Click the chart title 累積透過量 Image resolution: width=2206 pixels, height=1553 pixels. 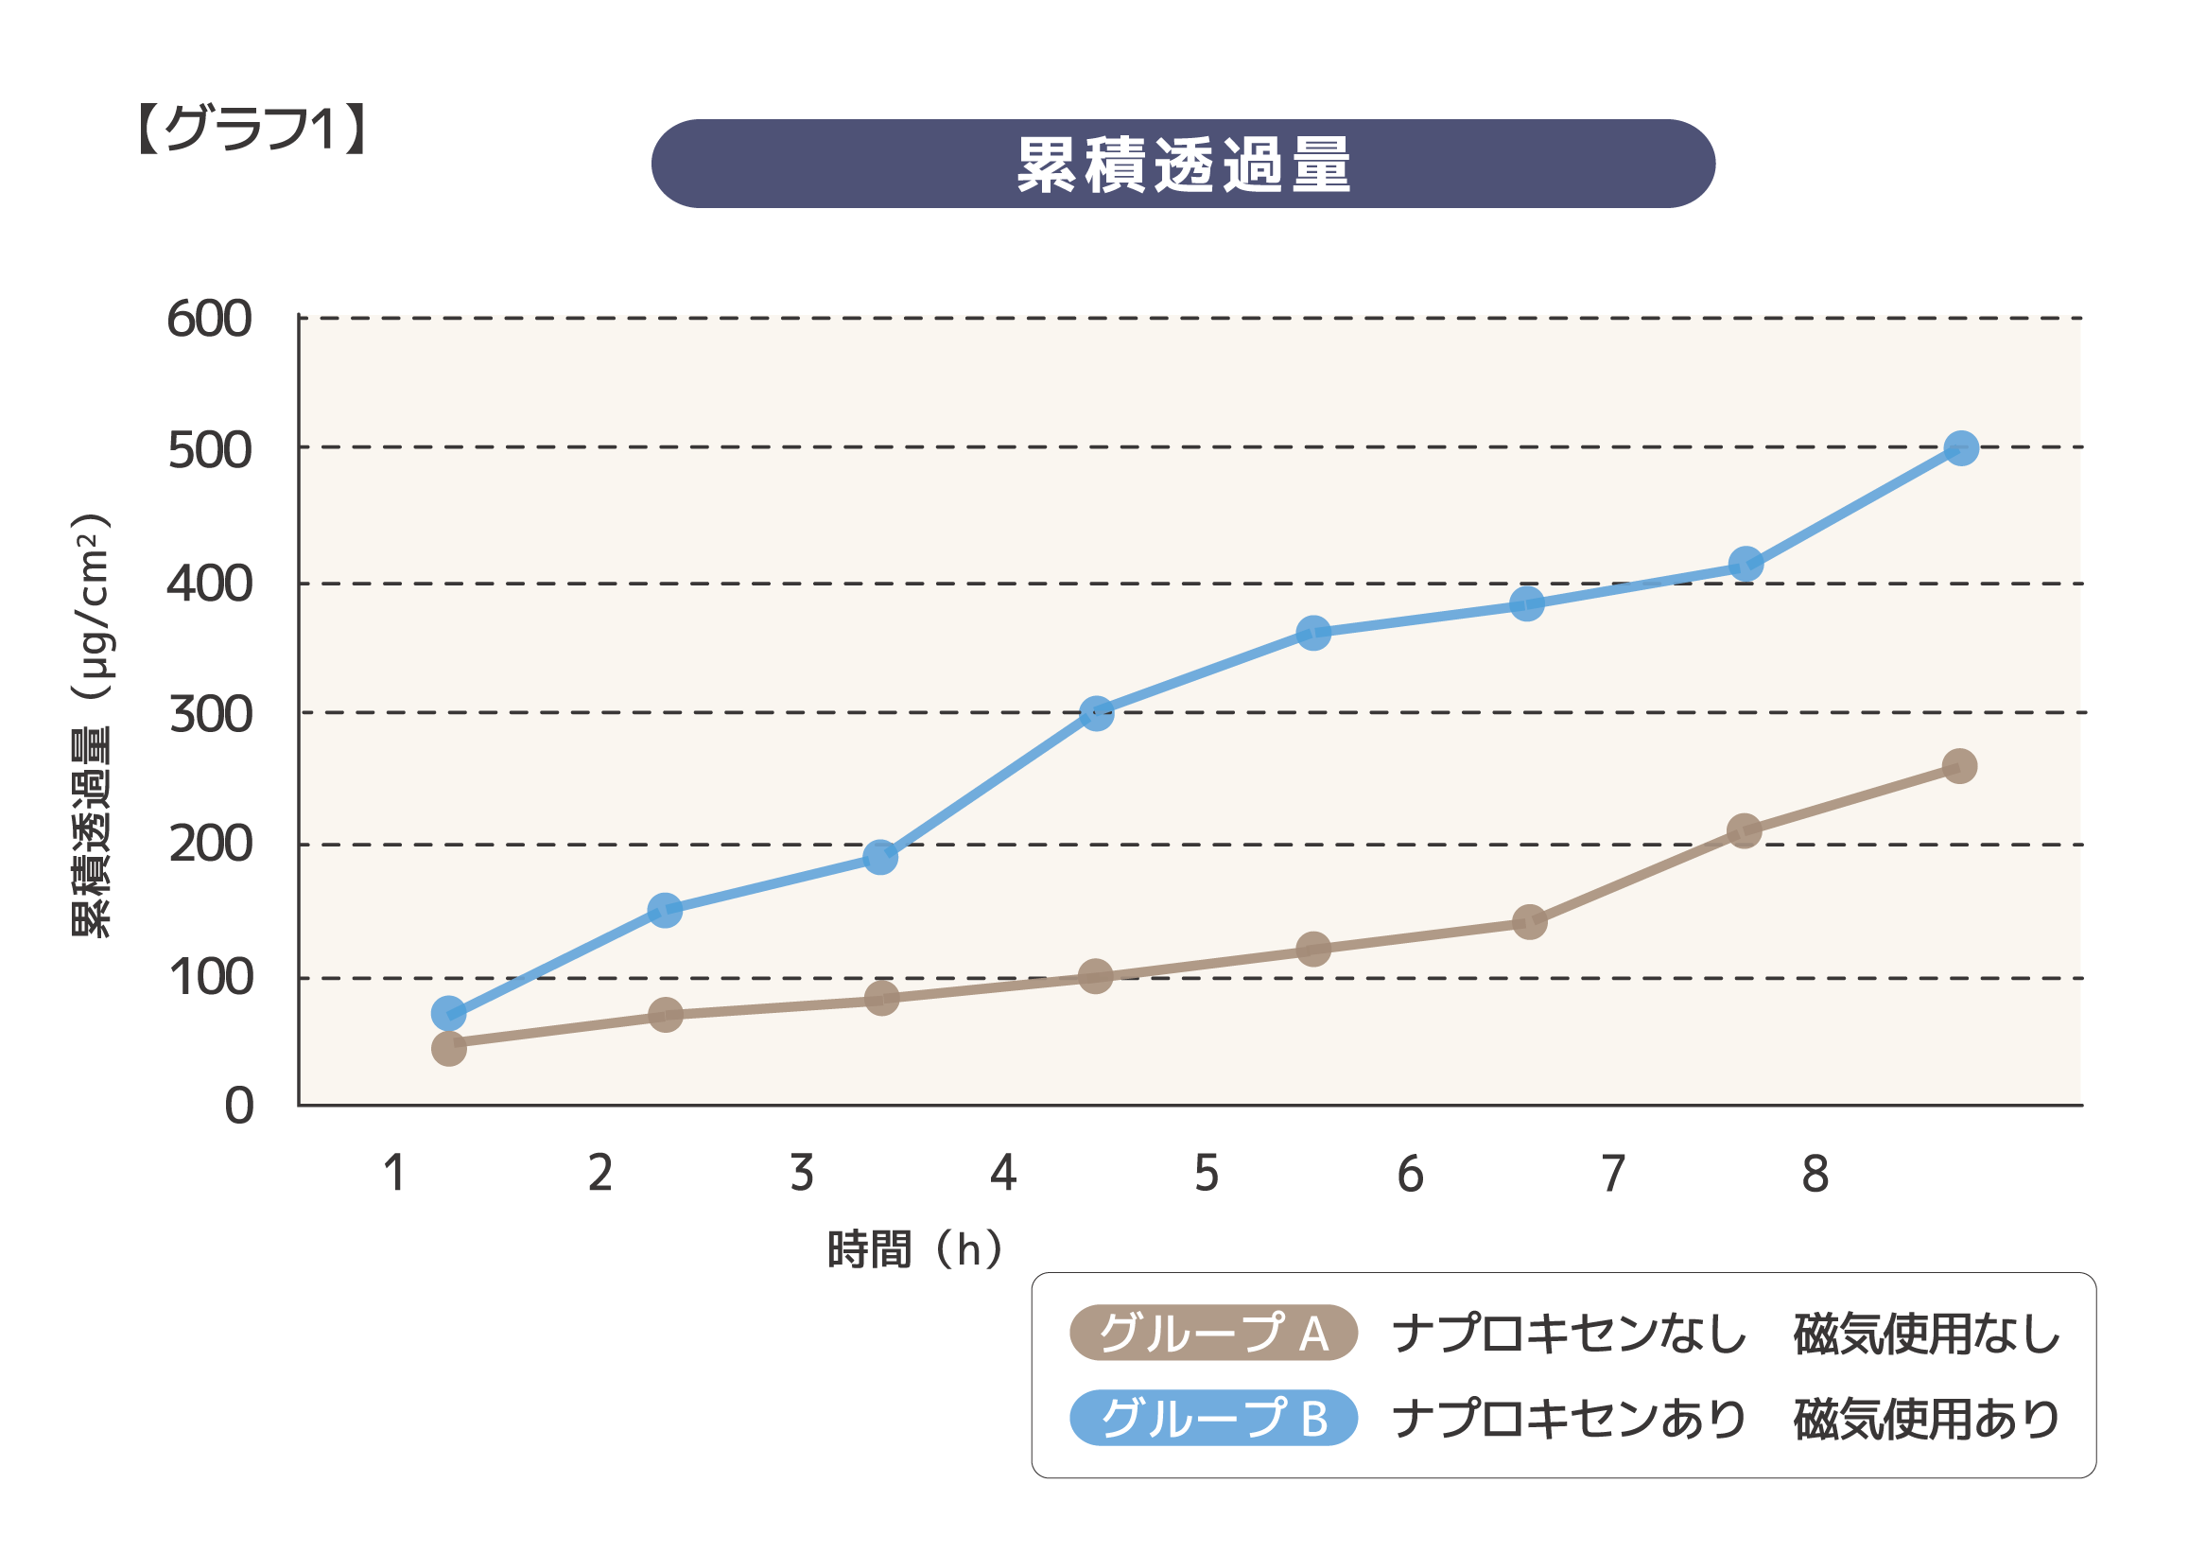(x=1183, y=165)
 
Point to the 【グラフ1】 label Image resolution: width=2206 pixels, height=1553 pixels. (x=252, y=128)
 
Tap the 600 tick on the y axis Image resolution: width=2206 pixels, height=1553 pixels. (x=210, y=319)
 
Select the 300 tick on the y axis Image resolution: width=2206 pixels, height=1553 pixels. (x=211, y=715)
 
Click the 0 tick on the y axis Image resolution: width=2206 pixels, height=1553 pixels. (x=239, y=1107)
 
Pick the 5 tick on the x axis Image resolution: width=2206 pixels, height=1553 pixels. (x=1207, y=1174)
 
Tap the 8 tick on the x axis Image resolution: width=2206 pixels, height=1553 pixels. (x=1815, y=1174)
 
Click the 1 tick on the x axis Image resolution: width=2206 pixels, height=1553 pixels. (x=394, y=1174)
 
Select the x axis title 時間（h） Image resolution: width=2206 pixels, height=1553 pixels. (x=913, y=1250)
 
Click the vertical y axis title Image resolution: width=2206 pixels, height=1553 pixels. (x=93, y=725)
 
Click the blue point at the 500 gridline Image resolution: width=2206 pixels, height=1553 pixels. (x=1961, y=447)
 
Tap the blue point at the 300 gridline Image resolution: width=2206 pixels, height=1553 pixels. (x=1096, y=714)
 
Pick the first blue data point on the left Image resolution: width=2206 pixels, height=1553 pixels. (x=449, y=1013)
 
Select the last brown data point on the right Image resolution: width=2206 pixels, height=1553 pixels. (x=1959, y=766)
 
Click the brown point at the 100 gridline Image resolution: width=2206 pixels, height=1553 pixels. (x=1095, y=977)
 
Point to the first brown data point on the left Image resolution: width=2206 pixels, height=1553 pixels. (x=449, y=1048)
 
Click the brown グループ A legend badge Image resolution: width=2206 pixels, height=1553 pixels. (x=1212, y=1334)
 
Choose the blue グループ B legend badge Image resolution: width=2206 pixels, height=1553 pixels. (x=1212, y=1418)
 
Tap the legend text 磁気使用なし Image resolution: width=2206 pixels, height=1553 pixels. (x=1926, y=1334)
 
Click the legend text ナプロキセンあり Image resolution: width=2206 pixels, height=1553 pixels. (x=1568, y=1419)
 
